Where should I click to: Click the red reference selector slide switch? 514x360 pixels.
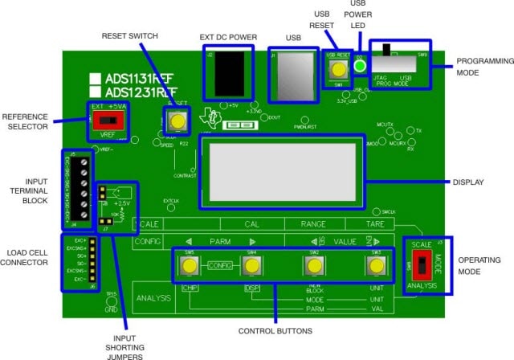click(104, 120)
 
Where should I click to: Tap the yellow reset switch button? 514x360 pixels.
click(176, 121)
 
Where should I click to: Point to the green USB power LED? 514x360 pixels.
click(361, 67)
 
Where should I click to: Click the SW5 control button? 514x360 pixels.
click(190, 265)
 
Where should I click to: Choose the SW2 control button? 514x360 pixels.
click(314, 265)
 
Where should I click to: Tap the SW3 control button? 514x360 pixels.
click(374, 265)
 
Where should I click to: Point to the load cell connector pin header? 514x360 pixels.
click(91, 259)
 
